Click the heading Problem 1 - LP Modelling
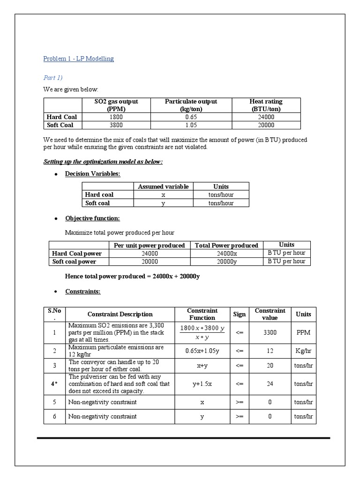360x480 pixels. [78, 59]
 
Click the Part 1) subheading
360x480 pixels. [53, 77]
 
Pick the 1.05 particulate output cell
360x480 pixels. [191, 125]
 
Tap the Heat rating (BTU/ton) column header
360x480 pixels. [266, 105]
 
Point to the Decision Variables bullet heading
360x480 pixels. [92, 174]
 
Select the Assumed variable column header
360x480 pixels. [163, 186]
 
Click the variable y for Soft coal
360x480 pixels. [163, 203]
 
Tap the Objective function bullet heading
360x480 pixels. [92, 218]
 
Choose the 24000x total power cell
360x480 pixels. [226, 254]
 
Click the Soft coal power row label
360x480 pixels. [75, 262]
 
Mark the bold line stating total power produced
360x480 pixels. [132, 277]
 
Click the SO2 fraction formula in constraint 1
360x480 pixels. [202, 332]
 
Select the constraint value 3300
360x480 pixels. [270, 332]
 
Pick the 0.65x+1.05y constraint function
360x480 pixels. [202, 351]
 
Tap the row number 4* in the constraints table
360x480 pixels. [54, 384]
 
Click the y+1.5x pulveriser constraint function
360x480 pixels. [202, 384]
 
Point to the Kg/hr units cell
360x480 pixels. [303, 351]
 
